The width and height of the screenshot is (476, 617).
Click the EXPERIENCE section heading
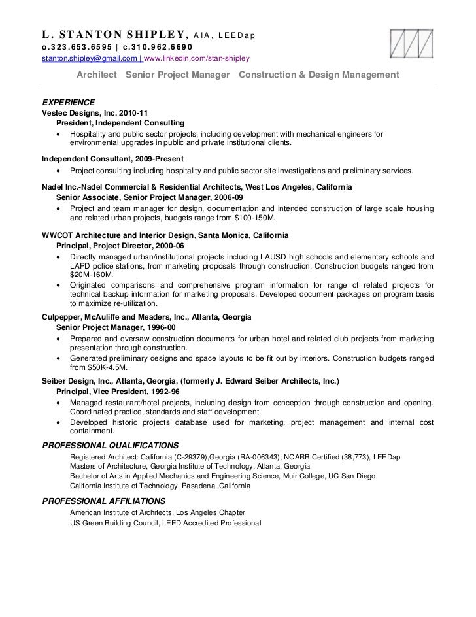69,103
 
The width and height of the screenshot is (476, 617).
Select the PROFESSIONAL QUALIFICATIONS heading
110,445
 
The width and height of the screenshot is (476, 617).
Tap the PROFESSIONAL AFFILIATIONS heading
103,501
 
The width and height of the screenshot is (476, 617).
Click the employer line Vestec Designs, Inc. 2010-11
90,113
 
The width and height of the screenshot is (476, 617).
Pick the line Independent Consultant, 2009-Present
112,159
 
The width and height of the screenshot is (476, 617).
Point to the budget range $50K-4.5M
98,367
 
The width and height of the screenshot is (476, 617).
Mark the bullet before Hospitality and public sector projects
60,135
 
